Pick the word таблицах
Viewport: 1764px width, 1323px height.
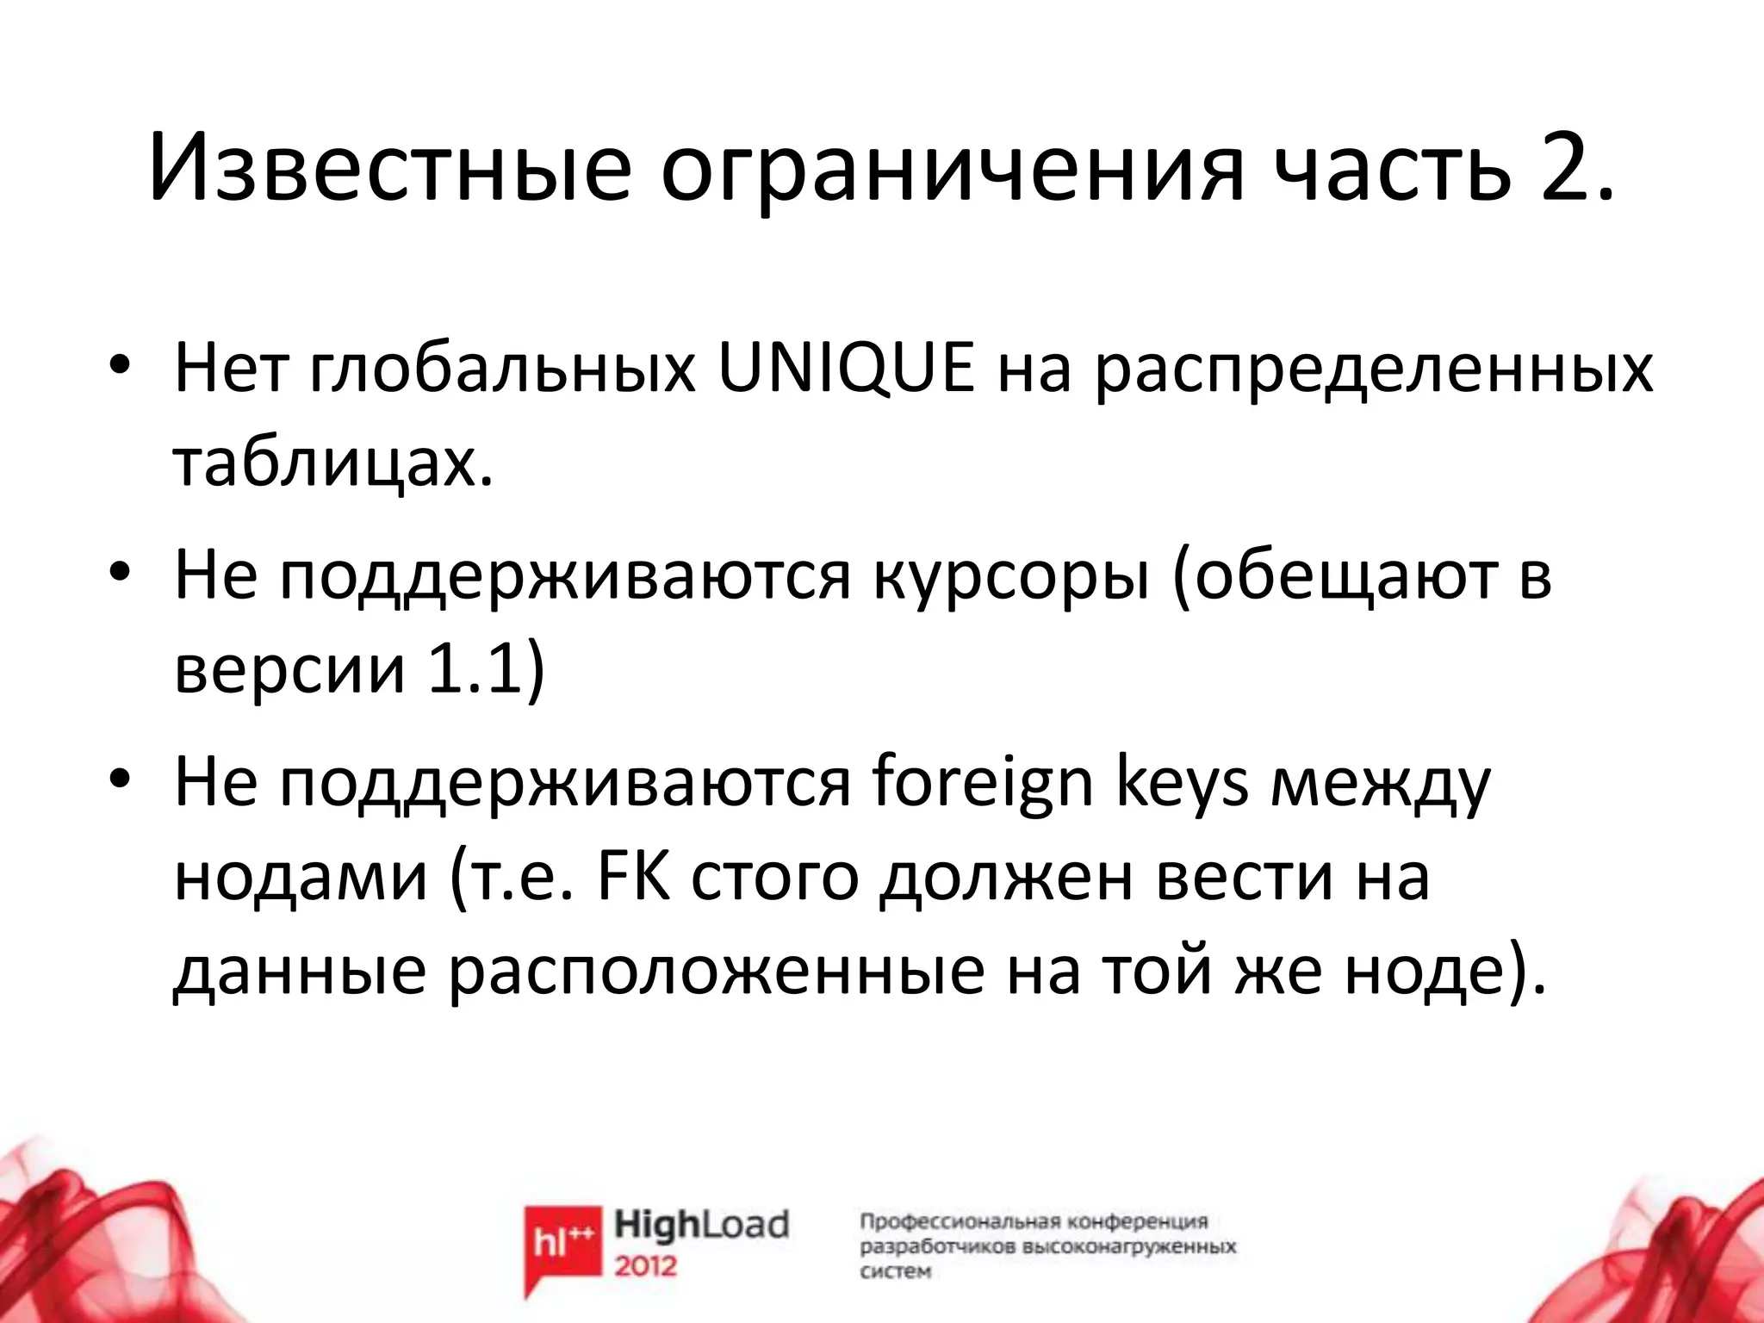click(x=334, y=465)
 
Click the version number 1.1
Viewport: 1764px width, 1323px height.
click(x=473, y=669)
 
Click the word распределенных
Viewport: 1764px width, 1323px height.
click(x=1373, y=369)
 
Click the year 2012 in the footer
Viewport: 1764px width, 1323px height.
click(x=646, y=1266)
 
